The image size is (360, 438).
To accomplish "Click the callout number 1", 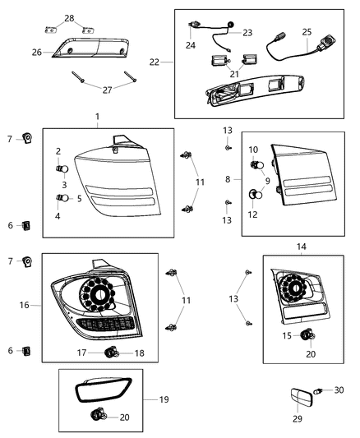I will pyautogui.click(x=97, y=117).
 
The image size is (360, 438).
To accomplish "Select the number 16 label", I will pyautogui.click(x=25, y=305).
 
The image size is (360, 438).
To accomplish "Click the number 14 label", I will pyautogui.click(x=301, y=247).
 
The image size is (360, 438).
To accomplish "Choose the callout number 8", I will pyautogui.click(x=227, y=178).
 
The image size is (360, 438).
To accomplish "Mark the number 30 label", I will pyautogui.click(x=339, y=390).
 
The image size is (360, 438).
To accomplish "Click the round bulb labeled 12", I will pyautogui.click(x=256, y=195).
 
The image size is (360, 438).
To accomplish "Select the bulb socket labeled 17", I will pyautogui.click(x=111, y=353).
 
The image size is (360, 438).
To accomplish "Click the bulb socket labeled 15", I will pyautogui.click(x=309, y=334).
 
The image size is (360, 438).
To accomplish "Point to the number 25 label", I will pyautogui.click(x=307, y=31).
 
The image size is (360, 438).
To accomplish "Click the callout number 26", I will pyautogui.click(x=36, y=52).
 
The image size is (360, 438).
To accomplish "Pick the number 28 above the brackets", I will pyautogui.click(x=68, y=18).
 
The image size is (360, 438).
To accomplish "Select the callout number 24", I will pyautogui.click(x=191, y=45).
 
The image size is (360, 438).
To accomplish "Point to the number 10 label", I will pyautogui.click(x=253, y=150).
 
